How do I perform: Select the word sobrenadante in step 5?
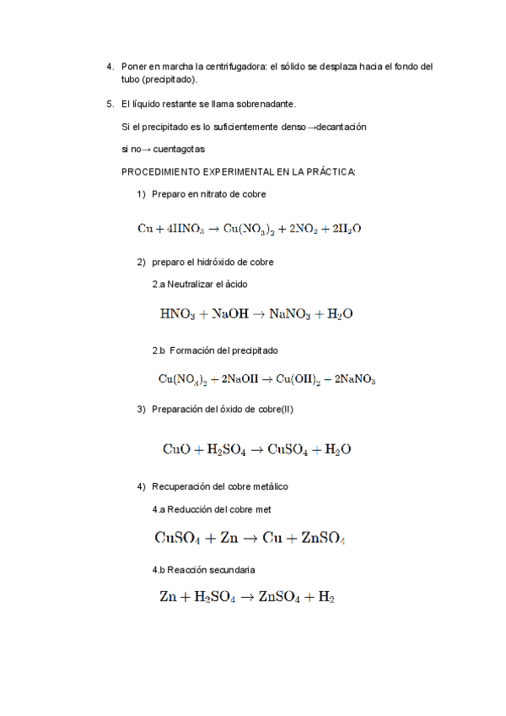tap(267, 104)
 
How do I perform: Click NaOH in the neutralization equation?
tap(229, 314)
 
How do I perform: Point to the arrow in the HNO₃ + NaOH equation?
tap(257, 314)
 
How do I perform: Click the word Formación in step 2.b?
tap(193, 350)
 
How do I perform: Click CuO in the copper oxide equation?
tap(177, 450)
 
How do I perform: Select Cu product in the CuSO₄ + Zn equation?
tap(272, 538)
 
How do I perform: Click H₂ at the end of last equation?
tap(326, 598)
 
